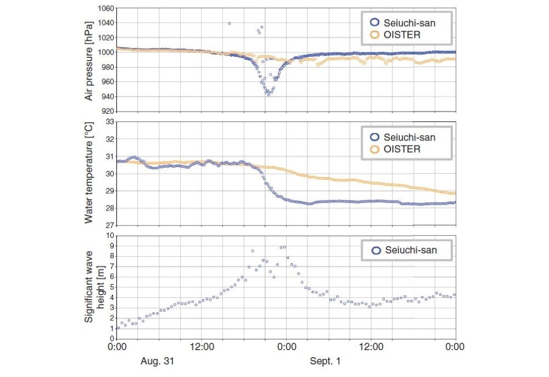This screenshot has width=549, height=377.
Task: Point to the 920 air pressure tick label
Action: coord(106,111)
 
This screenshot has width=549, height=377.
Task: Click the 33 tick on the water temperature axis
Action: coord(108,122)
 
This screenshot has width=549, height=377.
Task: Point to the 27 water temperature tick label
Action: coord(108,225)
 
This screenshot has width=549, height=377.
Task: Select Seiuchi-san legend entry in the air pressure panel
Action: coord(411,23)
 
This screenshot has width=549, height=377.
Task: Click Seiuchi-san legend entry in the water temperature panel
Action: coord(411,137)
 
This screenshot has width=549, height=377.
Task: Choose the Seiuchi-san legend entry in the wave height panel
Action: coord(411,250)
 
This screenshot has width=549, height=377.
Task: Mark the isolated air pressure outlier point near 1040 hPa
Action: coord(229,23)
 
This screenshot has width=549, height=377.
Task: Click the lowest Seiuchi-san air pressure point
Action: coord(268,95)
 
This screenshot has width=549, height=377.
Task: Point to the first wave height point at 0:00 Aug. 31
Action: coord(117,328)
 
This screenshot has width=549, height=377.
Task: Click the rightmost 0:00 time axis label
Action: coord(455,347)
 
